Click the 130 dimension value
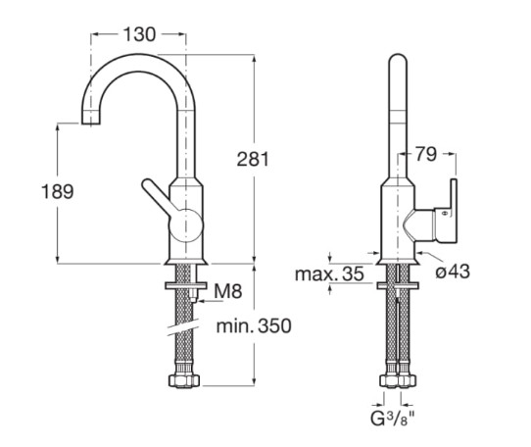point(139,34)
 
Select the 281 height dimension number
point(253,159)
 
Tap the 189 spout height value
point(57,191)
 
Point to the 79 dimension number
point(426,155)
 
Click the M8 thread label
point(228,291)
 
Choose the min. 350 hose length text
point(254,326)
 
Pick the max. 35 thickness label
point(329,273)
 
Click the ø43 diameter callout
point(453,272)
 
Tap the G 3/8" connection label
point(393,419)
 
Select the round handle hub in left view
point(186,225)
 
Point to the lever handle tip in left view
point(147,184)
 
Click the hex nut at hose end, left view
point(184,381)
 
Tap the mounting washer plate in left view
point(185,285)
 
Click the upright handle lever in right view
point(453,211)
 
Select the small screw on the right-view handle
point(445,213)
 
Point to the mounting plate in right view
point(398,285)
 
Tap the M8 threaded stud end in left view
point(193,299)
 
